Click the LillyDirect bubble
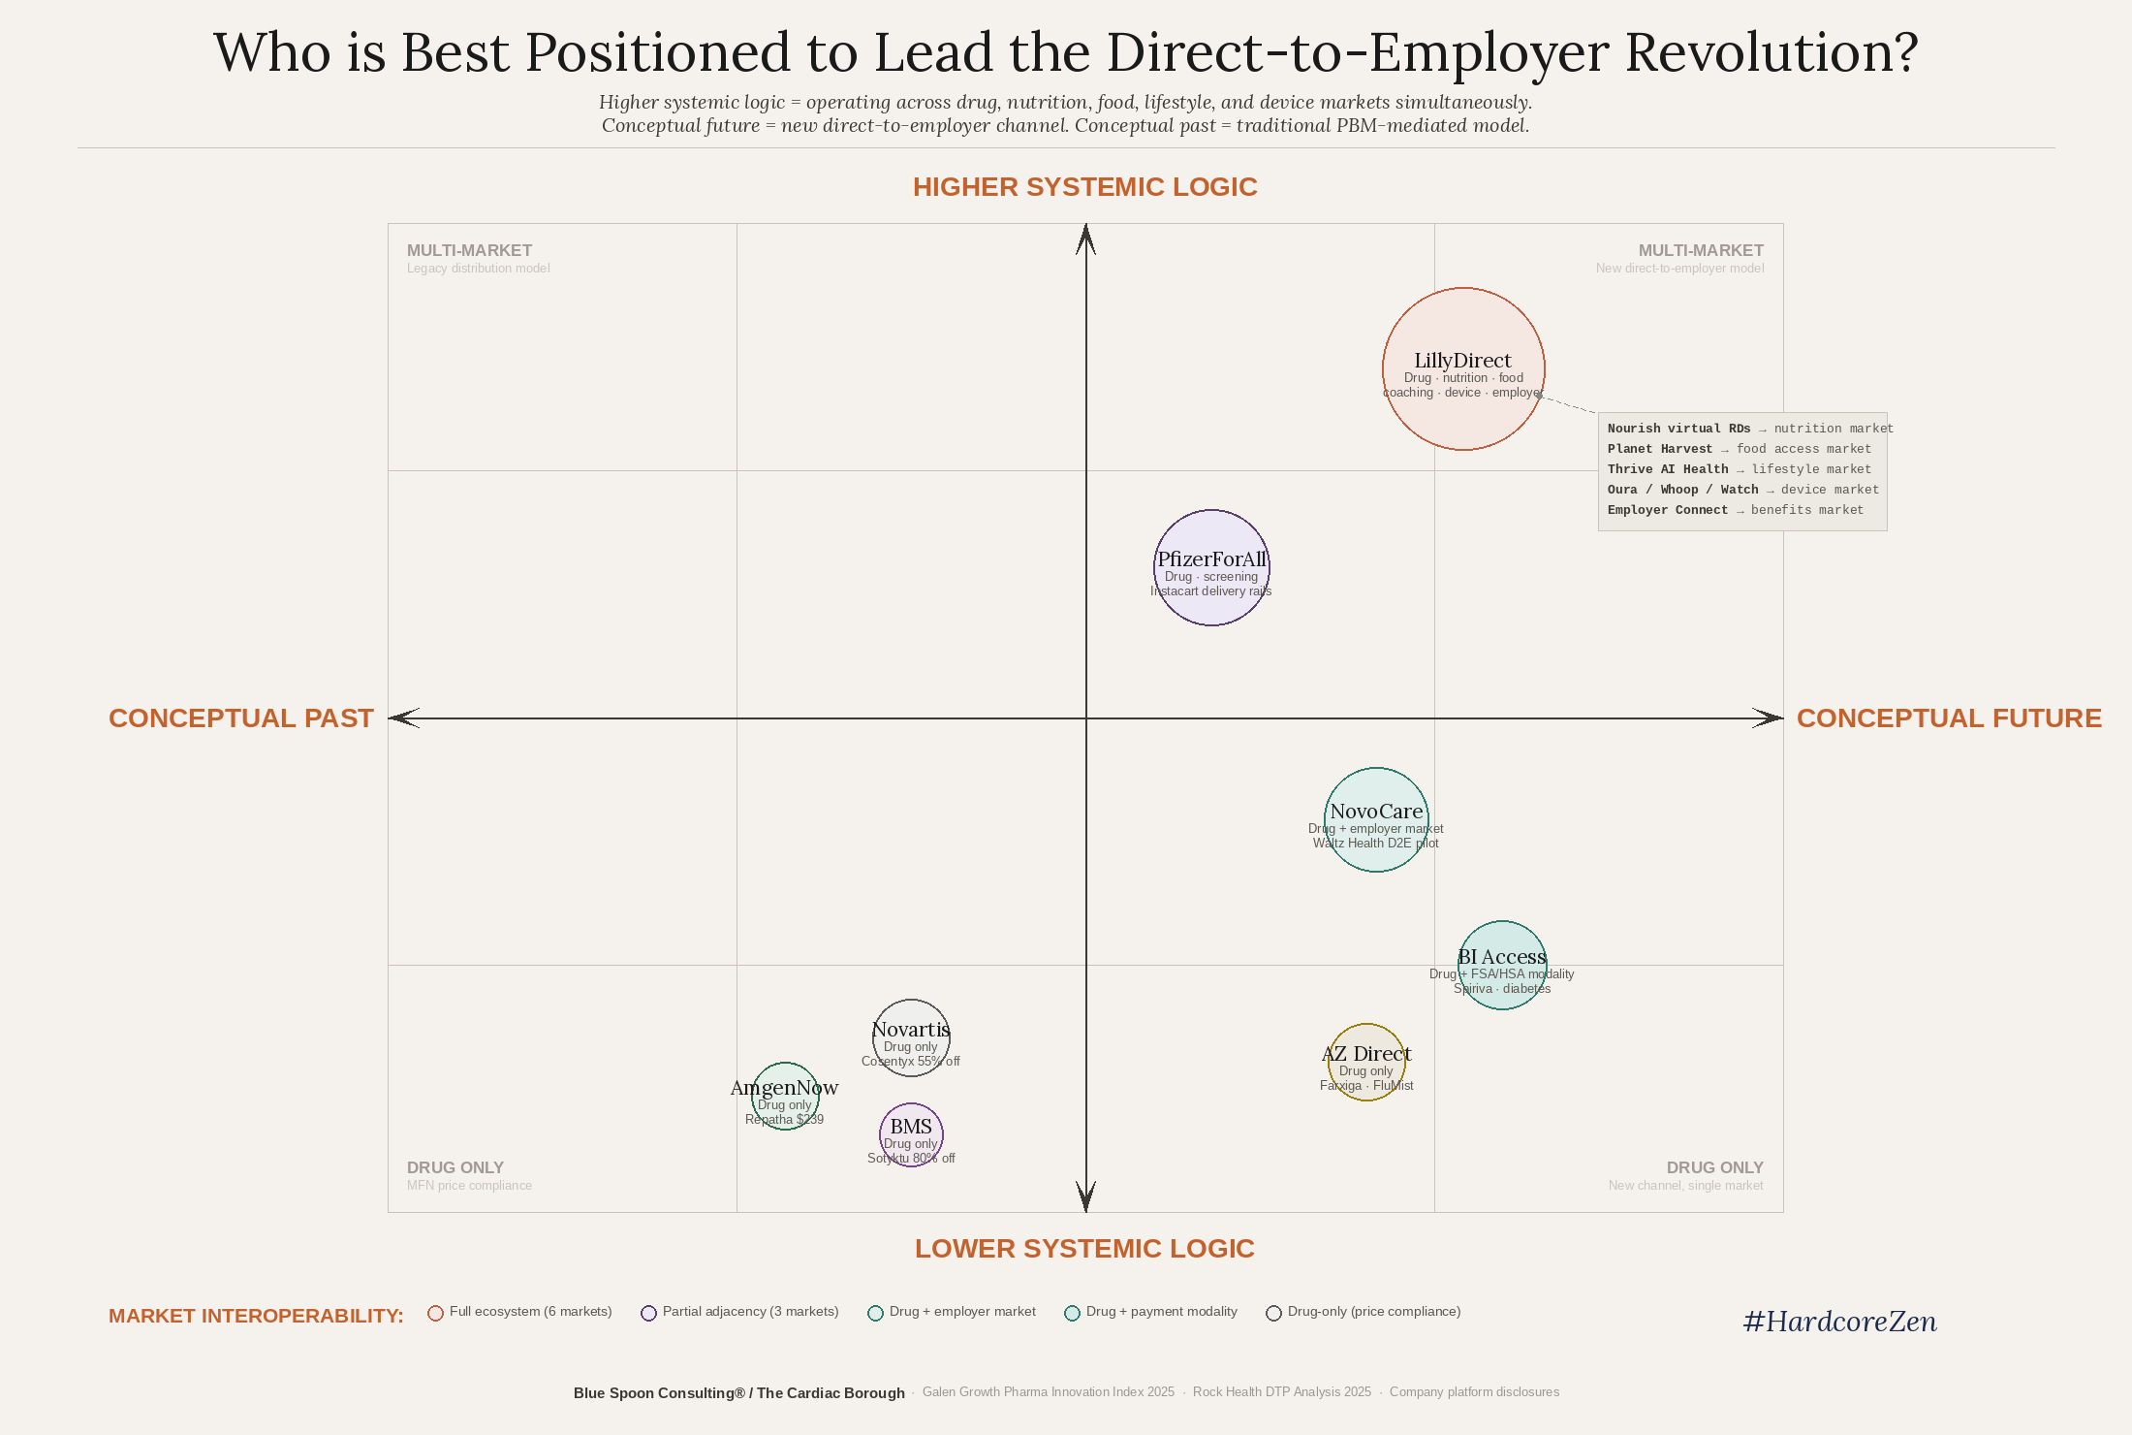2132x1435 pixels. coord(1463,368)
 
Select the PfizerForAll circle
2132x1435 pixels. coord(1211,567)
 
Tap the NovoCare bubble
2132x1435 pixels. coord(1376,819)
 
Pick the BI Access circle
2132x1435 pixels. coord(1502,965)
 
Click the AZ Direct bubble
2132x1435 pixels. coord(1366,1062)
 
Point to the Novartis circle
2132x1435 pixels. coord(911,1037)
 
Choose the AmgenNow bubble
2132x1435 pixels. coord(785,1096)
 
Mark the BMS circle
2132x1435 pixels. coord(911,1134)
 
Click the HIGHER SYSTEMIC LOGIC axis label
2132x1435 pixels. coord(1084,187)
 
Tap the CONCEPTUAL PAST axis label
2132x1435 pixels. coord(240,718)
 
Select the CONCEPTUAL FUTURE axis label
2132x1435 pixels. coord(1949,718)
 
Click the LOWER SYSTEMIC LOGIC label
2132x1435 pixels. coord(1084,1249)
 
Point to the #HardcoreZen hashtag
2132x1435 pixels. coord(1839,1322)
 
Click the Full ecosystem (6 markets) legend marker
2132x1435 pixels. coord(435,1313)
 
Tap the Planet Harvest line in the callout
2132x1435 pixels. coord(1739,449)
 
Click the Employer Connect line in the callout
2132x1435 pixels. coord(1735,510)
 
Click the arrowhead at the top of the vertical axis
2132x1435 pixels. coord(1085,238)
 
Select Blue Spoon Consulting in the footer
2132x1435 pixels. coord(659,1393)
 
